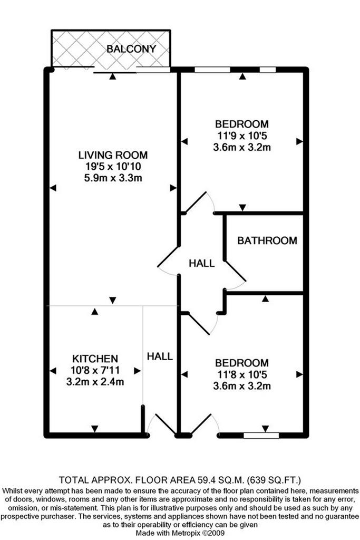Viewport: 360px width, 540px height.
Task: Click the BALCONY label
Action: pos(131,49)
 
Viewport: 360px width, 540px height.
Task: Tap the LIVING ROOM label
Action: pos(113,155)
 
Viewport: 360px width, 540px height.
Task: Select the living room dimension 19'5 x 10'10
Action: pos(113,167)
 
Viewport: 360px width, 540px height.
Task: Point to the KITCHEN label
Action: pos(95,359)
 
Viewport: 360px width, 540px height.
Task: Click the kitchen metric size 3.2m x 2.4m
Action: pos(95,382)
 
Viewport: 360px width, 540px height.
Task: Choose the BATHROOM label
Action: pos(267,240)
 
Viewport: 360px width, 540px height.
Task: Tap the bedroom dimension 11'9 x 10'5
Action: pos(241,136)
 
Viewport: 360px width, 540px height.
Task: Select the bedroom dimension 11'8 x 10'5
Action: pos(241,374)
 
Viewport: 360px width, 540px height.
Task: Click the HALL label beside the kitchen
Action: pos(160,356)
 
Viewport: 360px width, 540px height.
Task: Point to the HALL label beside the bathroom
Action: pos(202,264)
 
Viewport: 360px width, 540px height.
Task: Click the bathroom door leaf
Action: pos(236,271)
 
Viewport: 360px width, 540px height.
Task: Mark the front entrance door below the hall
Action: pos(166,423)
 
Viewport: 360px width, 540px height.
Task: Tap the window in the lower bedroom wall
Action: pos(261,436)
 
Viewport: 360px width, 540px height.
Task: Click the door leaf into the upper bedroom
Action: pos(196,202)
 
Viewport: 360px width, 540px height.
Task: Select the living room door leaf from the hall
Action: pos(169,256)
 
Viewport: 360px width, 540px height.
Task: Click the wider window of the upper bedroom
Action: pos(212,70)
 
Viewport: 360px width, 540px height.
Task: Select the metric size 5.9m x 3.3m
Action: pos(113,178)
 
